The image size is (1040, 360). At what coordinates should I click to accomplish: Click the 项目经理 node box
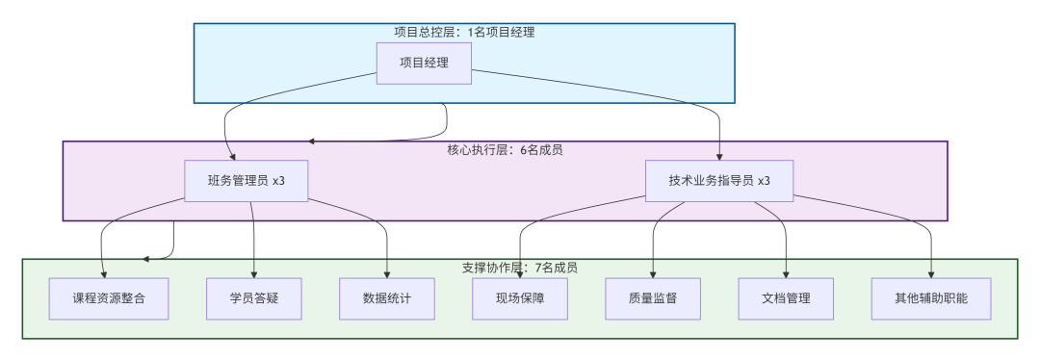pyautogui.click(x=424, y=64)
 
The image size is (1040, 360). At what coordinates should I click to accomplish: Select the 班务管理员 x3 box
pyautogui.click(x=247, y=181)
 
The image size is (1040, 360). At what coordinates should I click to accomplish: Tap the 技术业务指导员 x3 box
pyautogui.click(x=719, y=181)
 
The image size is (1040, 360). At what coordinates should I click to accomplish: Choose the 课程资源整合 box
pyautogui.click(x=109, y=298)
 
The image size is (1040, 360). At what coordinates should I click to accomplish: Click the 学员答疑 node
pyautogui.click(x=254, y=298)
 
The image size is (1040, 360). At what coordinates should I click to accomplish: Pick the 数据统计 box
pyautogui.click(x=387, y=298)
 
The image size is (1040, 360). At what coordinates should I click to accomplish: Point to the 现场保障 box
pyautogui.click(x=520, y=298)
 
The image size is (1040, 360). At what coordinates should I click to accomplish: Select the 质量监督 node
pyautogui.click(x=653, y=298)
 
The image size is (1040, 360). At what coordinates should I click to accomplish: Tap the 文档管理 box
pyautogui.click(x=786, y=298)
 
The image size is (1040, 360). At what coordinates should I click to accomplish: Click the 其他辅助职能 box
pyautogui.click(x=931, y=298)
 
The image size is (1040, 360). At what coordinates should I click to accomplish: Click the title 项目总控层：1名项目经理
pyautogui.click(x=464, y=32)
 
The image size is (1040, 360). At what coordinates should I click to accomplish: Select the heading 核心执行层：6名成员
pyautogui.click(x=505, y=150)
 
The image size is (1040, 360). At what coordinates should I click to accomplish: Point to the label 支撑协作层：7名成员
pyautogui.click(x=520, y=268)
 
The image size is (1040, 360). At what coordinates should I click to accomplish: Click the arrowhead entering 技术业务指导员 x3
pyautogui.click(x=719, y=156)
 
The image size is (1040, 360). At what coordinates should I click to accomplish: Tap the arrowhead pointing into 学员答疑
pyautogui.click(x=254, y=273)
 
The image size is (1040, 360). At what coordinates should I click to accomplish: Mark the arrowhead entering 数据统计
pyautogui.click(x=387, y=273)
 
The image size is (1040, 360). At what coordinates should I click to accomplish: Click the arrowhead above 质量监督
pyautogui.click(x=653, y=273)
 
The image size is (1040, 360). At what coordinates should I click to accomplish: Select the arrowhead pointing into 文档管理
pyautogui.click(x=786, y=273)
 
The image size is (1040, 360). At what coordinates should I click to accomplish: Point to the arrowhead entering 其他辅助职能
pyautogui.click(x=931, y=273)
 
